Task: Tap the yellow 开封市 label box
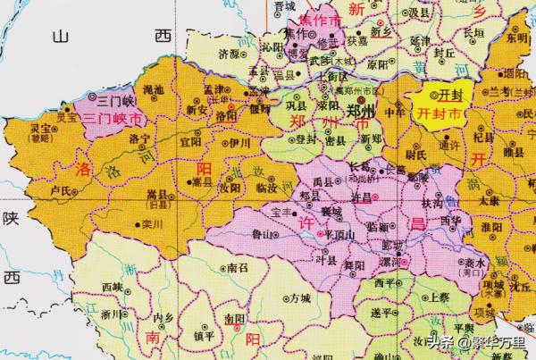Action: [439, 113]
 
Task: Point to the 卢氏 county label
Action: [62, 189]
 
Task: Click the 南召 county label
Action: [237, 267]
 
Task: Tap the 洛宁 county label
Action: [139, 141]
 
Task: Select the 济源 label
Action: [228, 54]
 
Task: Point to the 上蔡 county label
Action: [438, 297]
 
